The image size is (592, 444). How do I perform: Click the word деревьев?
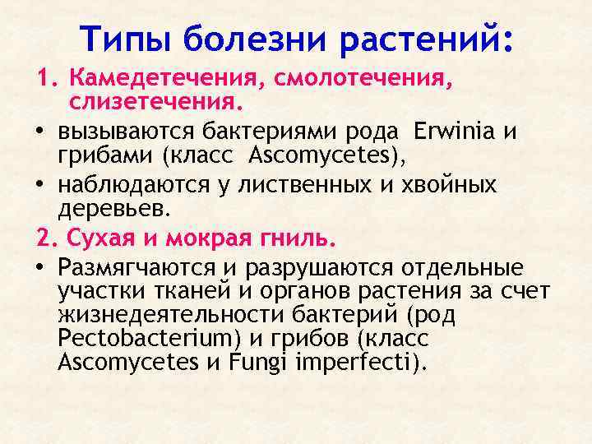pos(115,208)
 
